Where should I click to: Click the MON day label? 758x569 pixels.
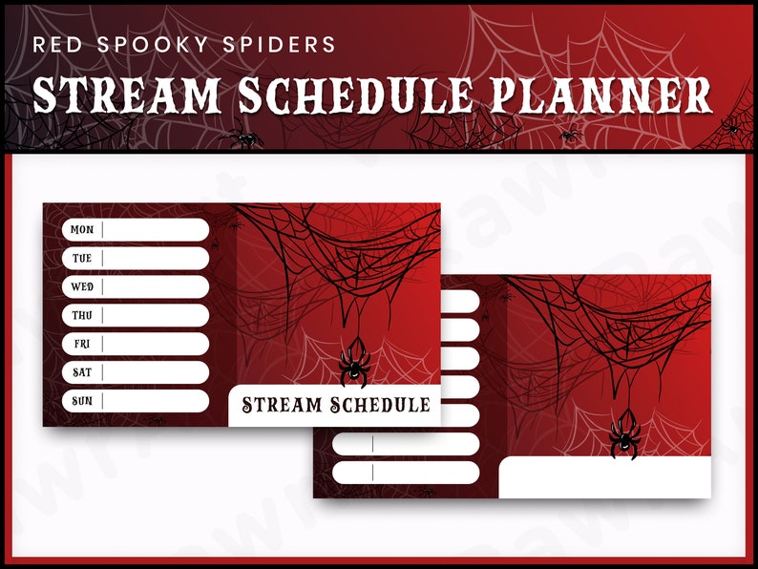tap(82, 230)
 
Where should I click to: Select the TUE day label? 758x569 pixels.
tap(82, 259)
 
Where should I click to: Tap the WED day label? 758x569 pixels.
tap(82, 286)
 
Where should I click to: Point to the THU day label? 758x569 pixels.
tap(82, 315)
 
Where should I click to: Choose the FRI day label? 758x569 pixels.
tap(82, 344)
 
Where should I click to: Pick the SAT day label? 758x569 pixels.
tap(82, 372)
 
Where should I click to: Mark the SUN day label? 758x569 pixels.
tap(82, 401)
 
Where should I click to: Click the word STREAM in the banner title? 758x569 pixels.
tap(128, 95)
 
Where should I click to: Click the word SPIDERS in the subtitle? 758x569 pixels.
tap(288, 45)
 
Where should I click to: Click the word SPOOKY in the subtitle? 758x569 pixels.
tap(152, 45)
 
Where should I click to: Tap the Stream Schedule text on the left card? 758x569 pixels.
tap(335, 405)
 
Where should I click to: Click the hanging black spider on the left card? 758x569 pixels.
tap(355, 363)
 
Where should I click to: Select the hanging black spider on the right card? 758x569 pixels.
tap(625, 437)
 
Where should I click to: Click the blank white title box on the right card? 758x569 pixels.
tap(604, 477)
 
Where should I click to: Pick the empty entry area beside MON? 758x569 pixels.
tap(156, 230)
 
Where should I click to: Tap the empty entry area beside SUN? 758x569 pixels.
tap(156, 401)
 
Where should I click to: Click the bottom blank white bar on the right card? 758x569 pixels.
tap(426, 473)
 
